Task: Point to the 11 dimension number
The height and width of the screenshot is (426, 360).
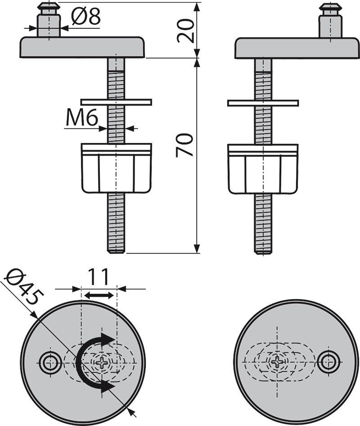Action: [98, 277]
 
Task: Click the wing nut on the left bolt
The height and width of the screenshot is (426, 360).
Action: [117, 167]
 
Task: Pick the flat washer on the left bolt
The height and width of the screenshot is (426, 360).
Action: [117, 103]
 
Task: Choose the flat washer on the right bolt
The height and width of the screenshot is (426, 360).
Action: [263, 103]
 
